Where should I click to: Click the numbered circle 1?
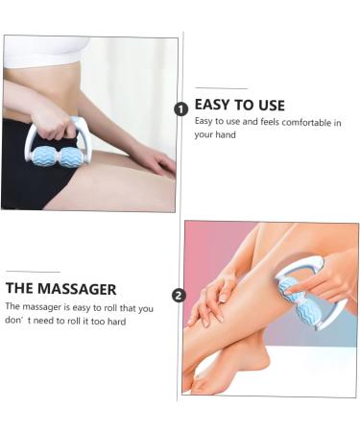[180, 108]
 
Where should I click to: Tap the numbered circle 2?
[178, 295]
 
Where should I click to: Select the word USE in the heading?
[269, 105]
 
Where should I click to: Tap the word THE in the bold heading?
[20, 288]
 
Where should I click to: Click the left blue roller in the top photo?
[46, 156]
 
